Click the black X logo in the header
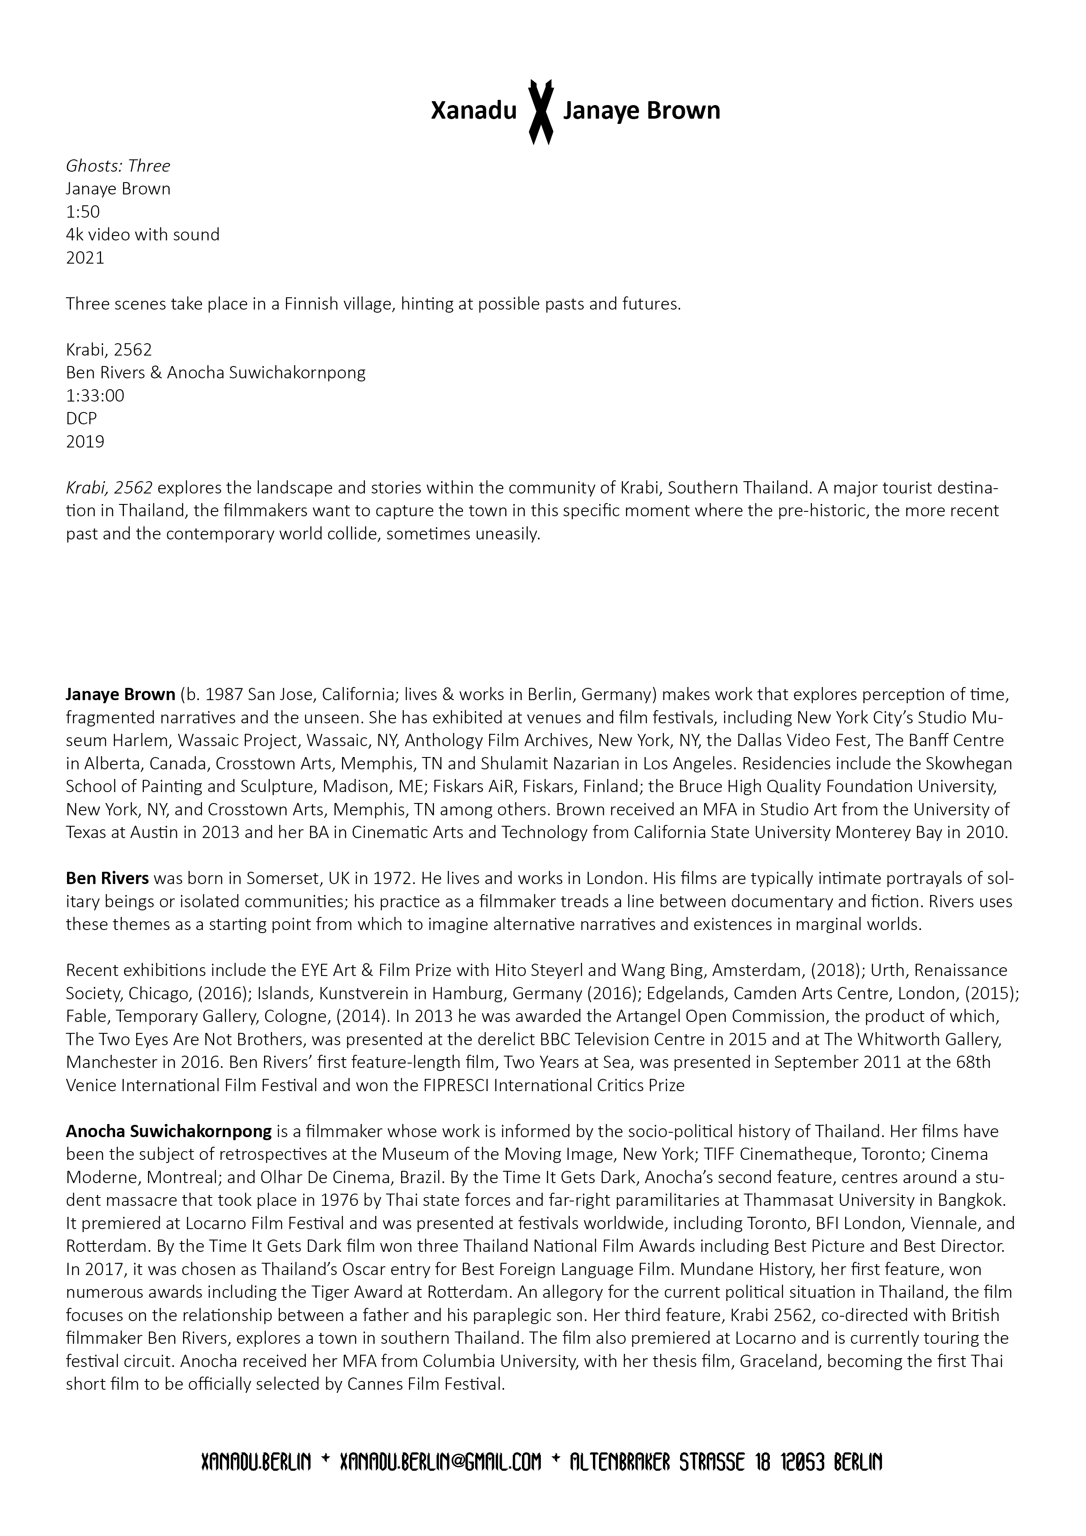coord(541,112)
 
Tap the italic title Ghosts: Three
coord(118,166)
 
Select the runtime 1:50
coord(82,211)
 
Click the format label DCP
coord(81,418)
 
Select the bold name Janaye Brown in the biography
coord(120,694)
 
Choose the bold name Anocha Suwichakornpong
coord(169,1131)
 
